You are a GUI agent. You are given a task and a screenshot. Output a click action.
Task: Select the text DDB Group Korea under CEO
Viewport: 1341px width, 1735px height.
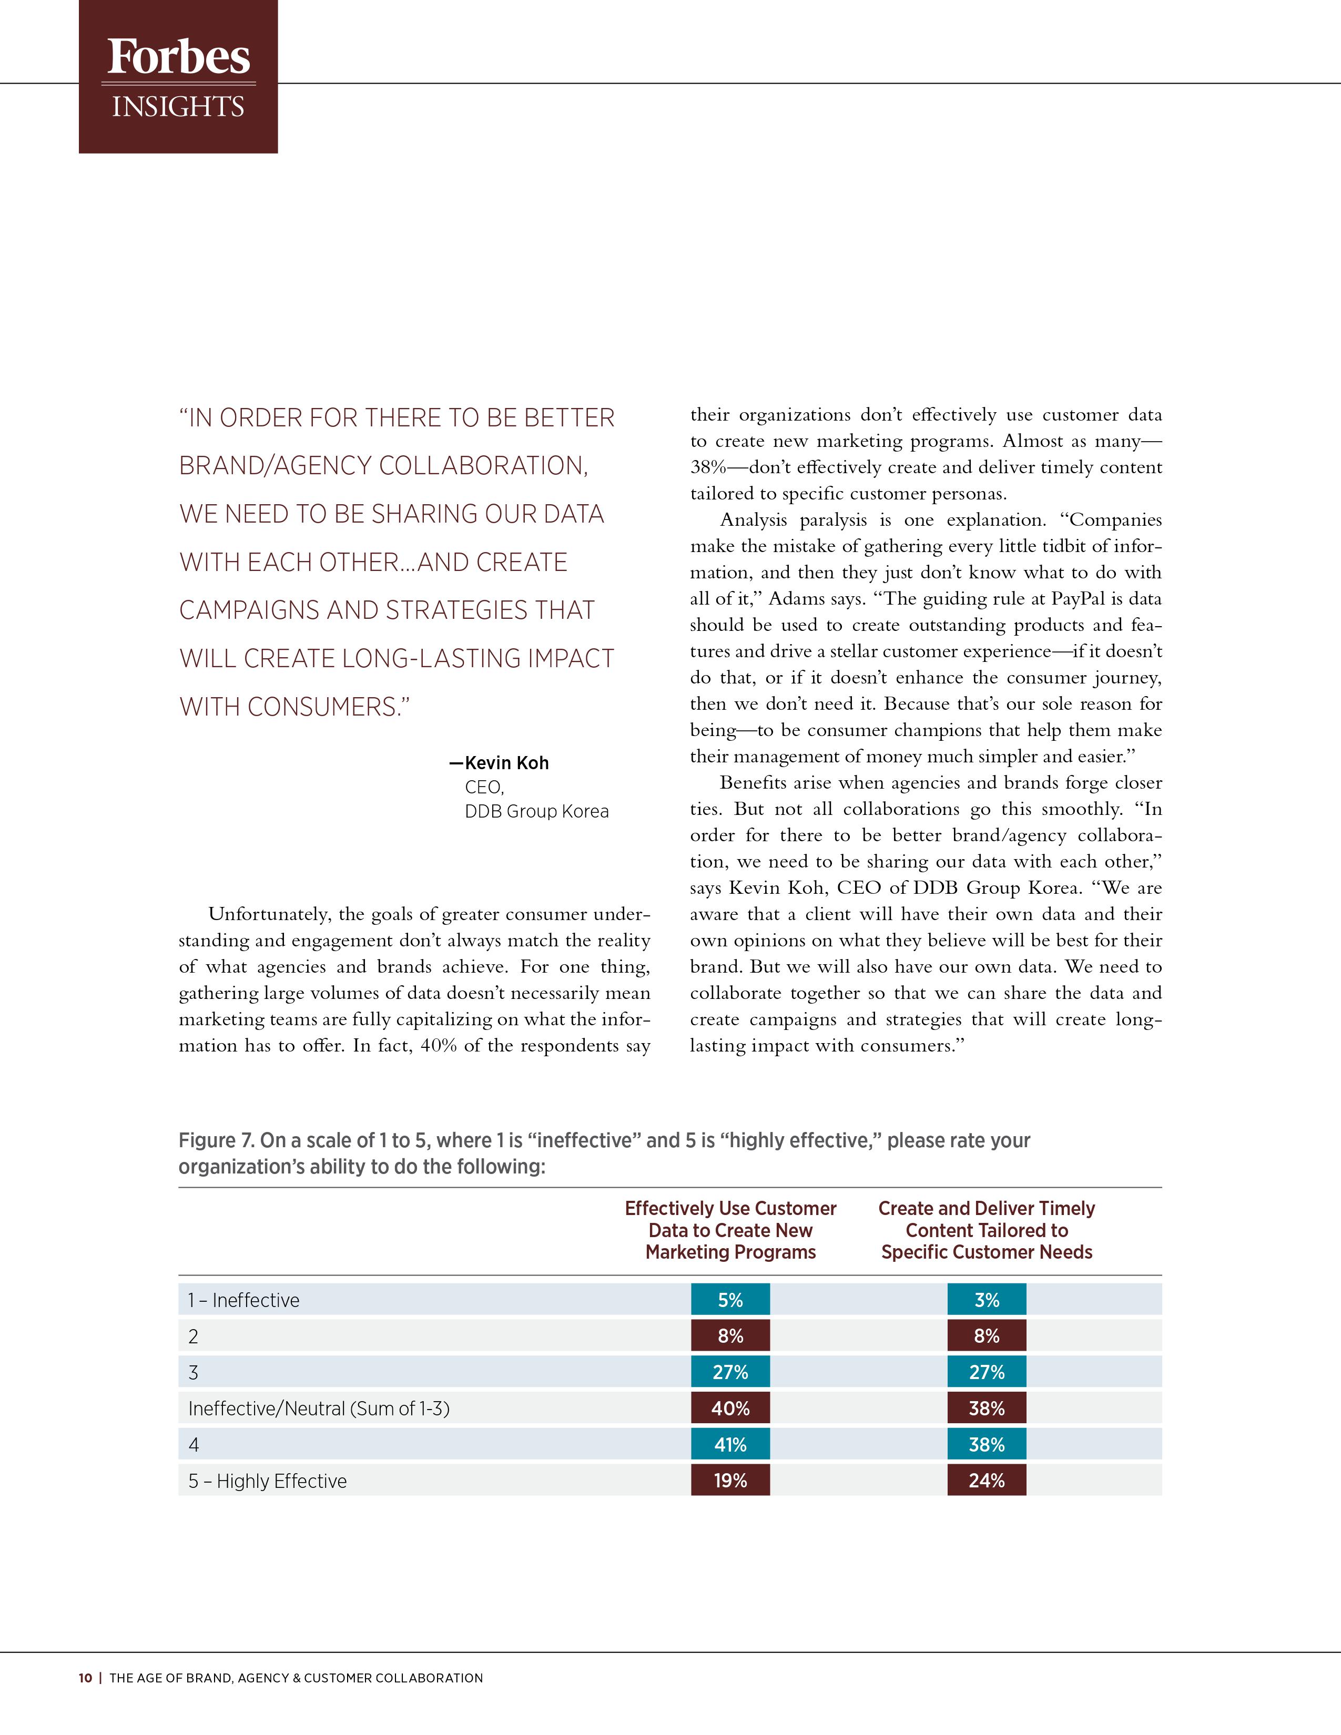[536, 811]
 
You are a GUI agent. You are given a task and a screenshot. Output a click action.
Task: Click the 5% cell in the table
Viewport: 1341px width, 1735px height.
[730, 1300]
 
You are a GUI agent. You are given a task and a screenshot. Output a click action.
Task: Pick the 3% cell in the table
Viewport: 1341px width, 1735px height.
[986, 1300]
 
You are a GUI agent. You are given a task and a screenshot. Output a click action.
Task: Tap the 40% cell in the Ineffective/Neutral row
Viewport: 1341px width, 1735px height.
[730, 1409]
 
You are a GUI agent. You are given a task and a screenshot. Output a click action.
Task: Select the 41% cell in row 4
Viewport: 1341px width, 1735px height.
[730, 1444]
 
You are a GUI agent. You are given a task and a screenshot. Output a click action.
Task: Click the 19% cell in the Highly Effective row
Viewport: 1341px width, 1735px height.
[730, 1481]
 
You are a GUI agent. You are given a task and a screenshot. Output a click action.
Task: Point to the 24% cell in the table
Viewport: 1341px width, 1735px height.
[986, 1481]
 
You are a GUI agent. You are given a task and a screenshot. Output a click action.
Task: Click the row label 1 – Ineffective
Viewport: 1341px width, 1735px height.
[244, 1300]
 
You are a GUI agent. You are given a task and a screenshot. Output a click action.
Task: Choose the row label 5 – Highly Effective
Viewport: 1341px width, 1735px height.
[268, 1481]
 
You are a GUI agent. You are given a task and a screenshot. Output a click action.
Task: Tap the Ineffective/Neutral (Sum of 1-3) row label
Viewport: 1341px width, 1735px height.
[319, 1409]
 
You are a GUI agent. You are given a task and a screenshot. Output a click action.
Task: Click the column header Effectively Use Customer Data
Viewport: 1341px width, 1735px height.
[730, 1230]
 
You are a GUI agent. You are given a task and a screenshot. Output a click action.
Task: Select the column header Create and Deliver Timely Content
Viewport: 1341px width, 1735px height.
[986, 1230]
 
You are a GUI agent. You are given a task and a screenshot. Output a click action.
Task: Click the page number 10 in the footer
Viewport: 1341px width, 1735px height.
[85, 1678]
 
